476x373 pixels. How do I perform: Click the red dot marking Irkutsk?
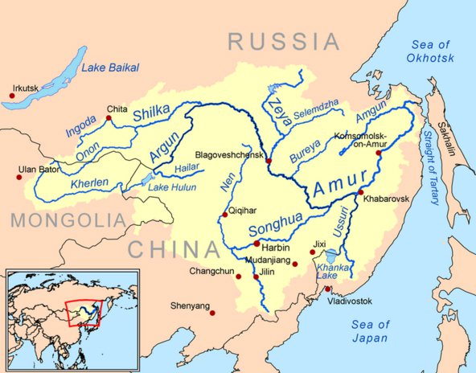tap(12, 96)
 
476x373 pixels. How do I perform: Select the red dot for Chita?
tap(109, 118)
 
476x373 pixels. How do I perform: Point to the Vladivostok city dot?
tap(328, 289)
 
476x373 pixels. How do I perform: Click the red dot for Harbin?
tap(256, 243)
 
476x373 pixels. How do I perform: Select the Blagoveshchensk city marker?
tap(269, 161)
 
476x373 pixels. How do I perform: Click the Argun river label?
tap(164, 149)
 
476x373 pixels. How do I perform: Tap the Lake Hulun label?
tap(170, 187)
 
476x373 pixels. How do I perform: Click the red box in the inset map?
tap(84, 312)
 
